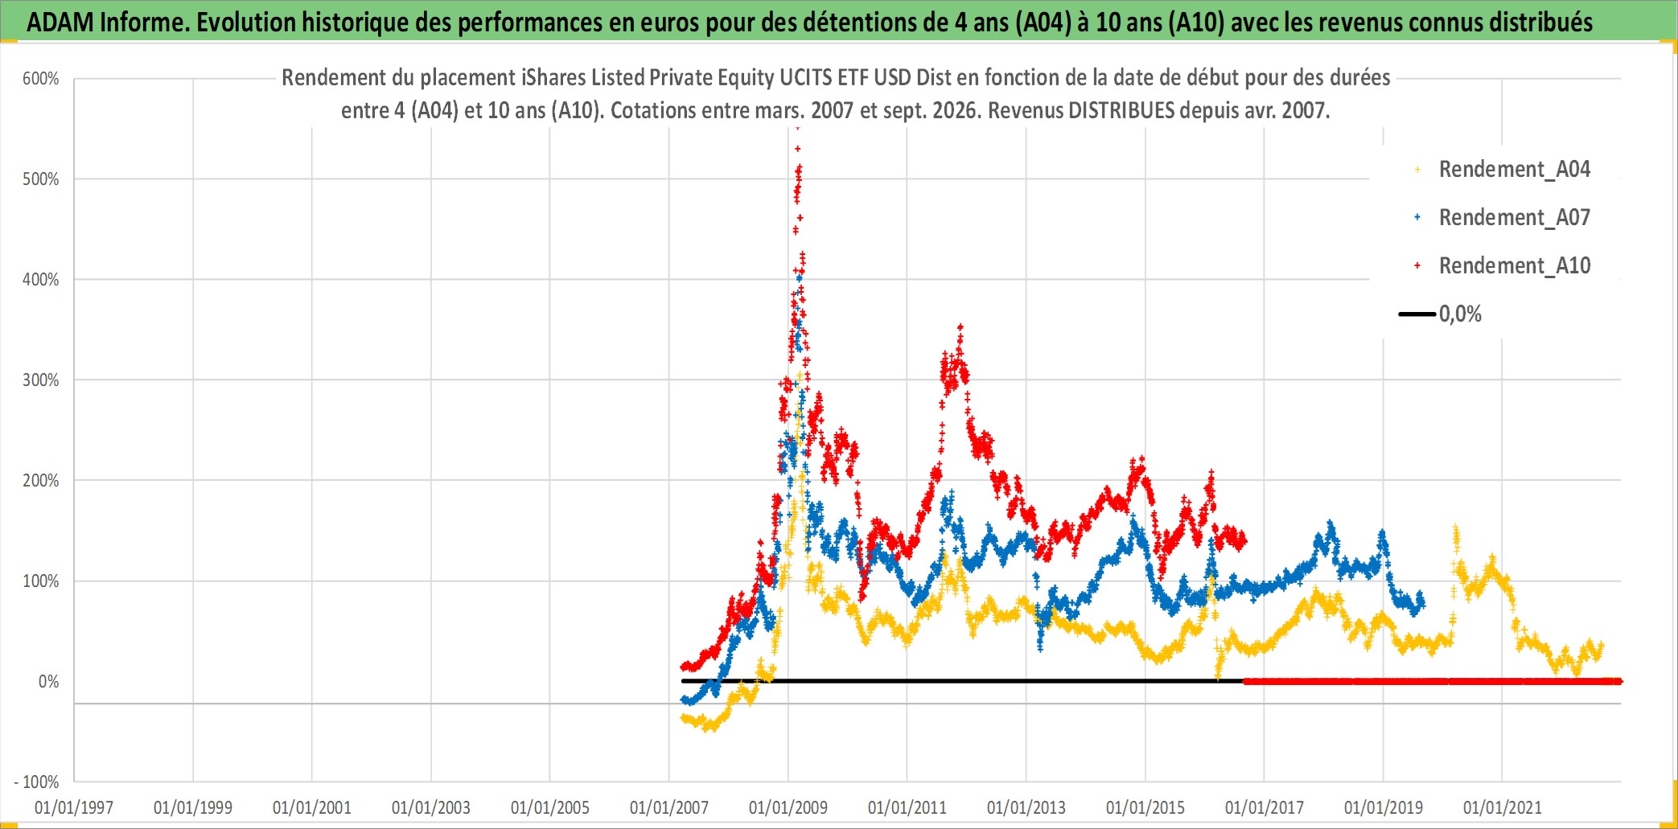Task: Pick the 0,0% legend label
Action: tap(1460, 314)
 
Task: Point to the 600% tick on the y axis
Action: tap(41, 79)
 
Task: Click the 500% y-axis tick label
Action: tap(41, 179)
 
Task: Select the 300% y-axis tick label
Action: tap(41, 380)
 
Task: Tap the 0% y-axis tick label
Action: tap(49, 682)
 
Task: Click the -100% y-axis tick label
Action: tap(36, 782)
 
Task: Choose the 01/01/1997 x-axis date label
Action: tap(74, 807)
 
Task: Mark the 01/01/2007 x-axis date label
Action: tap(669, 807)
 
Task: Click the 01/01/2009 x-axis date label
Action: tap(788, 807)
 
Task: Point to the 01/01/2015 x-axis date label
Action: tap(1145, 807)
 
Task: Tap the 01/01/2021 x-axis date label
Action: tap(1503, 807)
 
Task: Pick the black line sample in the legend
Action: tap(1417, 314)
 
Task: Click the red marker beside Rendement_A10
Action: tap(1417, 265)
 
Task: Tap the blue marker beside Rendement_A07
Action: tap(1417, 217)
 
